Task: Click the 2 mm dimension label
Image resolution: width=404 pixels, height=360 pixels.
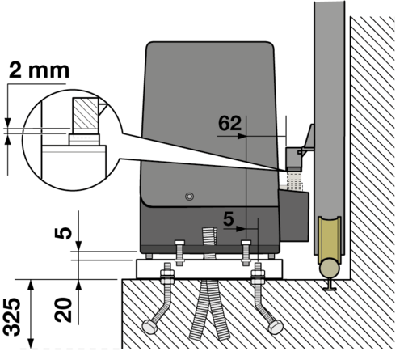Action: [x=39, y=70]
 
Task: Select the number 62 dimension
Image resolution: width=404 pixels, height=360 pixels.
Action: [x=229, y=123]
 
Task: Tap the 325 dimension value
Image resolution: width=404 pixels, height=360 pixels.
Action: [x=12, y=317]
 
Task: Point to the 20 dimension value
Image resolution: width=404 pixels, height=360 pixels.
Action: [x=63, y=310]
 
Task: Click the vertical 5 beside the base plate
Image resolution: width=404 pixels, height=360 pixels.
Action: [x=63, y=233]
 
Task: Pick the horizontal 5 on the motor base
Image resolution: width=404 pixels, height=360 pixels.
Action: [x=229, y=219]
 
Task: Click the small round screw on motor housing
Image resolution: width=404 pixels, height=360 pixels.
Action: [x=190, y=197]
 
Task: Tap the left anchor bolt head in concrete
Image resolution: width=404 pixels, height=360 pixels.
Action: [x=149, y=327]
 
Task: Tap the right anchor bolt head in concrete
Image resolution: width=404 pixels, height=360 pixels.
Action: [x=276, y=327]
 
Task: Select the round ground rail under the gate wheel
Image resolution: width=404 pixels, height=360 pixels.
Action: [x=329, y=267]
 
